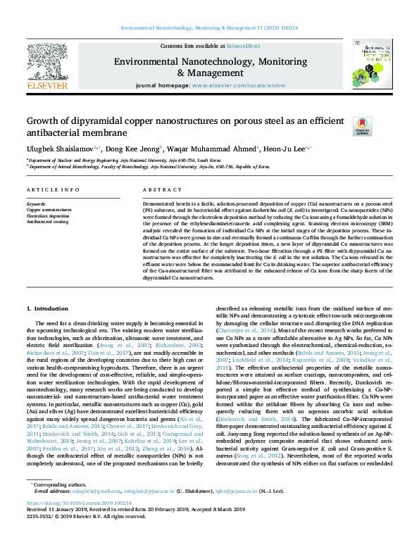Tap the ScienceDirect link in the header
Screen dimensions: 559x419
(245, 45)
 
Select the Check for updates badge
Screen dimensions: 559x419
(361, 126)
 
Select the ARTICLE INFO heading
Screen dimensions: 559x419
(53, 191)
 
